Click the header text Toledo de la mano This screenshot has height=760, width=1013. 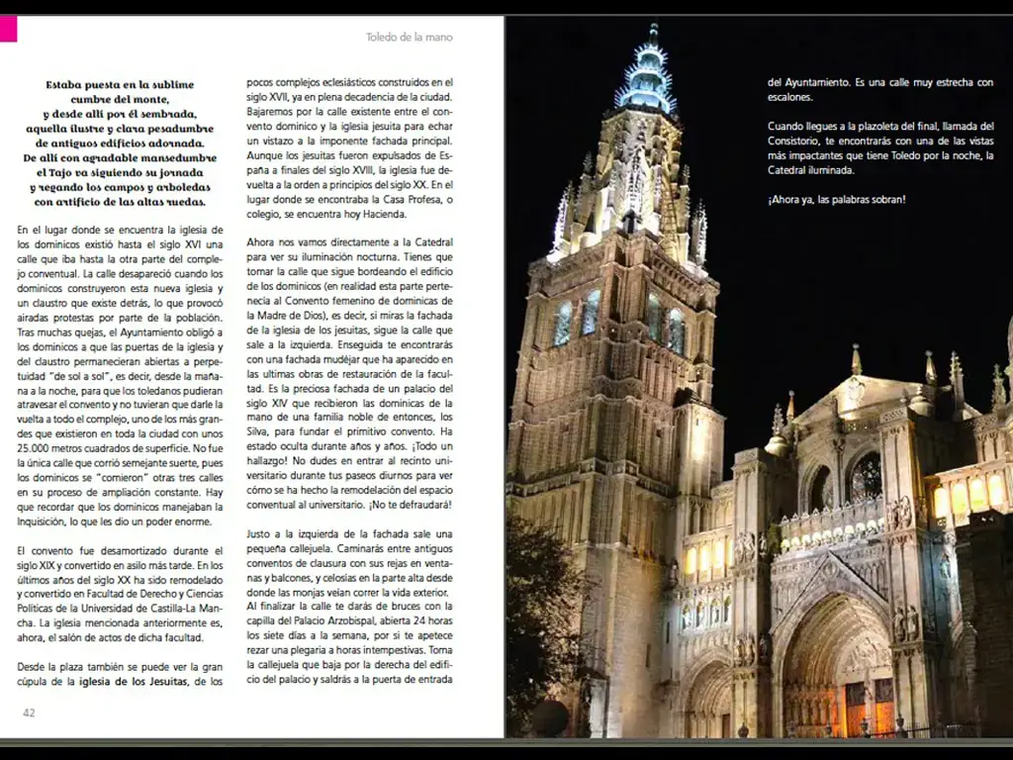point(409,38)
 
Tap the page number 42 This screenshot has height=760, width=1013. point(29,712)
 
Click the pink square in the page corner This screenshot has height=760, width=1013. point(8,29)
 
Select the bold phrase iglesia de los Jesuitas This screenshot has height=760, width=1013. point(134,682)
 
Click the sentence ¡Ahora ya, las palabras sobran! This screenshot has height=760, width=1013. point(836,200)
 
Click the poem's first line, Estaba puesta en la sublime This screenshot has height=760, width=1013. point(120,85)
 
